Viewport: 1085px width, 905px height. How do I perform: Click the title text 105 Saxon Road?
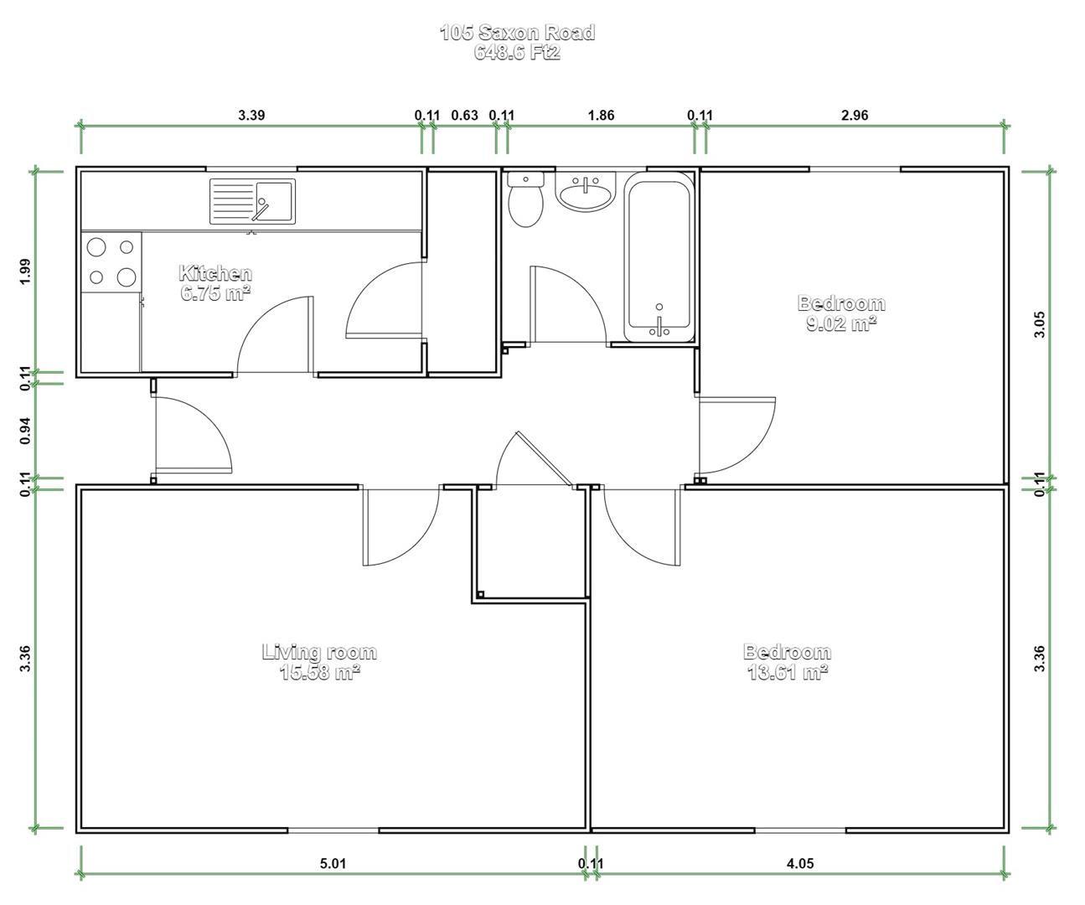(518, 32)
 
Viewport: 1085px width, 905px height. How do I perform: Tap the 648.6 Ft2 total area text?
(518, 53)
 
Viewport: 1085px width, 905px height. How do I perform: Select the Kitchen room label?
(215, 273)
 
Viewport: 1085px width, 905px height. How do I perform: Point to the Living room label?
(319, 651)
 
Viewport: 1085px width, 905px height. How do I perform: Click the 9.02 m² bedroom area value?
(841, 323)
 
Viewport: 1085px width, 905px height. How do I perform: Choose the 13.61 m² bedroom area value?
(788, 672)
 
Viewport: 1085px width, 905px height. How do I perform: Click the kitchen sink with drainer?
(252, 201)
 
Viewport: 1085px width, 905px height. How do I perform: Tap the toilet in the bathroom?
(525, 199)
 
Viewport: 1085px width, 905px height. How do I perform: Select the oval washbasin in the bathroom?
(585, 192)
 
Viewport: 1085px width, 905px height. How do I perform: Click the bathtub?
(659, 256)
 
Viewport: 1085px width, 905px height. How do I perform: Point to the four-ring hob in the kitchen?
(111, 261)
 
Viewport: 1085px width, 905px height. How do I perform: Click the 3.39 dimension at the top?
(251, 115)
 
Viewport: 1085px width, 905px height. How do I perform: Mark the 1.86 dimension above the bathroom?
(602, 115)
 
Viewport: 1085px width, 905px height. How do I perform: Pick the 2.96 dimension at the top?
(855, 115)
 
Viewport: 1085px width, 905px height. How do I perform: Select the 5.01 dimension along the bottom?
(333, 863)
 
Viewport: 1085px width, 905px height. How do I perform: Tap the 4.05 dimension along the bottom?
(800, 863)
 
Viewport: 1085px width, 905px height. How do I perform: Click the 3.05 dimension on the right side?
(1039, 324)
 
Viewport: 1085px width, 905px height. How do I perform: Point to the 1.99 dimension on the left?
(25, 271)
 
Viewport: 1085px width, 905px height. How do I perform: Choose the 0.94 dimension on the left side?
(25, 431)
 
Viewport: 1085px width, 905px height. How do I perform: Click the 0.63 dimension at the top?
(464, 115)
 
